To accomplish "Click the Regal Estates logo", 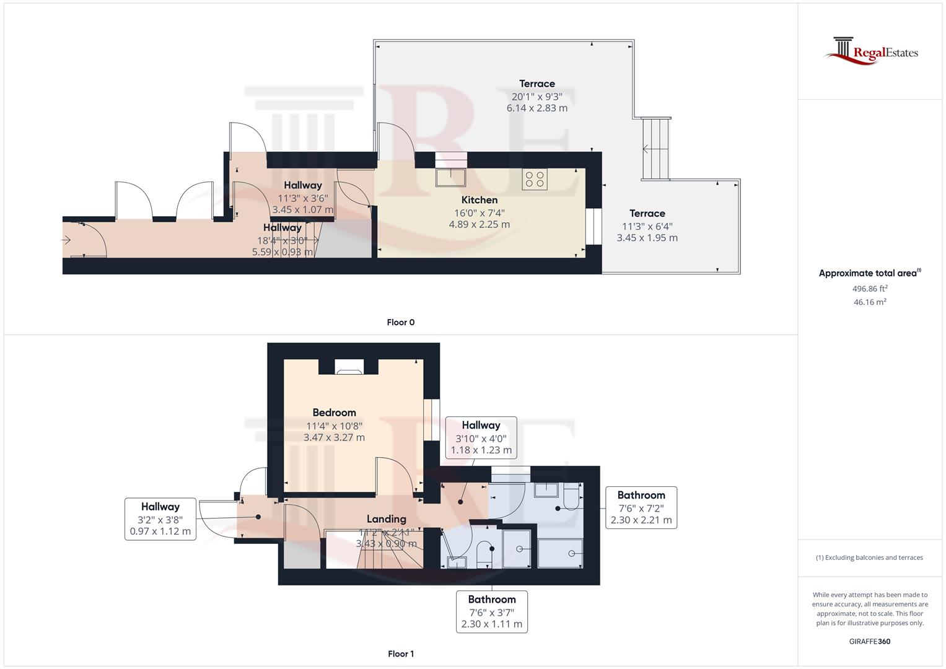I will [871, 51].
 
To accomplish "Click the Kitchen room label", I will [479, 200].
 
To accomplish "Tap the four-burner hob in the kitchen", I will [535, 180].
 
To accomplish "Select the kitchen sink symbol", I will [450, 177].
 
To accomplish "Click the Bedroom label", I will [334, 413].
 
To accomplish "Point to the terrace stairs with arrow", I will [655, 149].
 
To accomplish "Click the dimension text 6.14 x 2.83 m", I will [537, 108].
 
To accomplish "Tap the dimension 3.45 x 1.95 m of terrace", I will [647, 238].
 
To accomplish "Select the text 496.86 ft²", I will [869, 289].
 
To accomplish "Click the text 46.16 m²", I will [869, 302].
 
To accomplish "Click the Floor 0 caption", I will [400, 322].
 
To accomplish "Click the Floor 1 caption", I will [400, 654].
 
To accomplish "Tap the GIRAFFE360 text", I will [869, 641].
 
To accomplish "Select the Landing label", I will [386, 519].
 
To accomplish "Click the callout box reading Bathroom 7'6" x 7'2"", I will [641, 507].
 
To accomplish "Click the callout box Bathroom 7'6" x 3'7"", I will [492, 611].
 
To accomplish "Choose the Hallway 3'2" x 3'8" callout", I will [160, 519].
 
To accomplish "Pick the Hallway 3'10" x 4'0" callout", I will [481, 437].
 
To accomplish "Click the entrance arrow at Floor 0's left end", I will [67, 240].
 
